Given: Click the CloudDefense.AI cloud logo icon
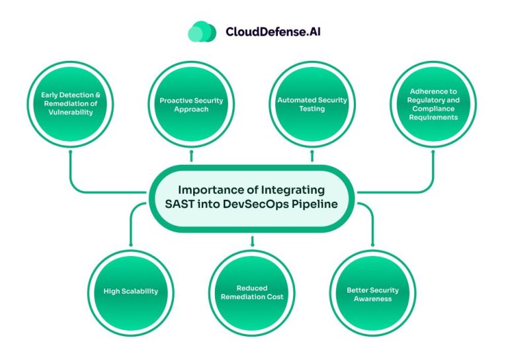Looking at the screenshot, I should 201,31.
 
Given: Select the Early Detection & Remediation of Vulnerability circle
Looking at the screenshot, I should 70,104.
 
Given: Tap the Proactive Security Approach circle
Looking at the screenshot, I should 191,104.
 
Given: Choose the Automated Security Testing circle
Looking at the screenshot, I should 312,104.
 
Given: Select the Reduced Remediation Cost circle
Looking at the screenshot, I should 251,292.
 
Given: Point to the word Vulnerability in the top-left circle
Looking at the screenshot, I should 70,112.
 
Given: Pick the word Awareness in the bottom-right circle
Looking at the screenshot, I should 372,298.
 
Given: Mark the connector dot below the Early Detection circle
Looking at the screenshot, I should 70,152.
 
